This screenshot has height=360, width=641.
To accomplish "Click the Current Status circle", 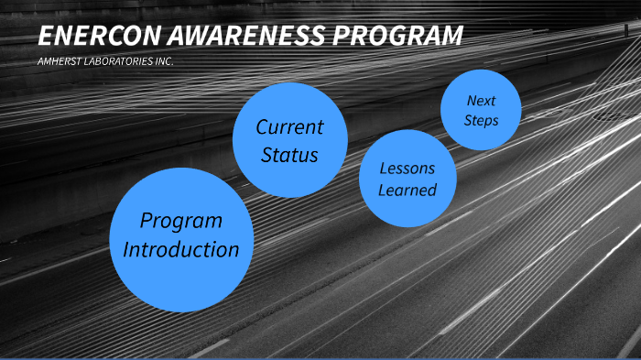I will pyautogui.click(x=289, y=140).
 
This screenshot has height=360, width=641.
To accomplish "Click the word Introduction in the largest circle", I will pyautogui.click(x=181, y=249).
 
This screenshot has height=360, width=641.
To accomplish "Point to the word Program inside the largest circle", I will pyautogui.click(x=181, y=221).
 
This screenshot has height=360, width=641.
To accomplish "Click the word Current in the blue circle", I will pyautogui.click(x=289, y=126).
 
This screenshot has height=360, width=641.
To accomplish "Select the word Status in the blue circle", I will pyautogui.click(x=289, y=155).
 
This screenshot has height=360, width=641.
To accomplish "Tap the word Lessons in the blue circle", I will pyautogui.click(x=407, y=169).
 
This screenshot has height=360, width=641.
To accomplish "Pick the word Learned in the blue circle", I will pyautogui.click(x=407, y=191).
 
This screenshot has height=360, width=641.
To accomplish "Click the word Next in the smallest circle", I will pyautogui.click(x=481, y=100).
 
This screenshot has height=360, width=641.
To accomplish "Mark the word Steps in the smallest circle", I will pyautogui.click(x=481, y=119).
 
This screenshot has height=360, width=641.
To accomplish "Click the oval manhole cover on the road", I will pyautogui.click(x=610, y=117).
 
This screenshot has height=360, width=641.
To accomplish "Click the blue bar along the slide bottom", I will pyautogui.click(x=320, y=357).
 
